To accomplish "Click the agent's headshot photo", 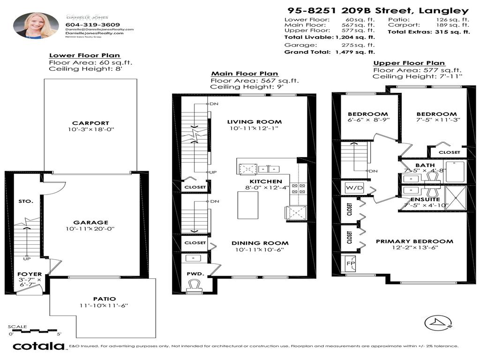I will coord(36,25).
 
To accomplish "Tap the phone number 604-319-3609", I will coord(93,25).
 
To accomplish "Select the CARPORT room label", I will coord(90,123).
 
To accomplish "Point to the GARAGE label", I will coord(90,223).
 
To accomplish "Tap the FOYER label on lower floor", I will coord(30,274).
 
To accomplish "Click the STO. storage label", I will coord(26,201).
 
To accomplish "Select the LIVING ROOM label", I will coord(255,122).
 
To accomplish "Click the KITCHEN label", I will coord(265,181).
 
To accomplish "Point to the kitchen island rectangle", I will coord(248,205).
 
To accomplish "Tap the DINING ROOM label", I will coord(260,243).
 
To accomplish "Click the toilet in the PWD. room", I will coord(194,285).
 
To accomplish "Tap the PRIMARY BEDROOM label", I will coord(414,241).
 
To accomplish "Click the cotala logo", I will coord(38,346).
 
